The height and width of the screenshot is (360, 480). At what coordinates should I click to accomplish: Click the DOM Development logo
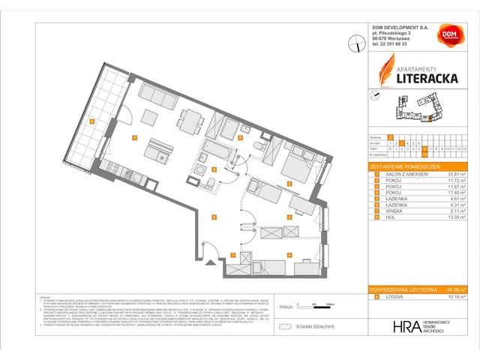(x=449, y=36)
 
